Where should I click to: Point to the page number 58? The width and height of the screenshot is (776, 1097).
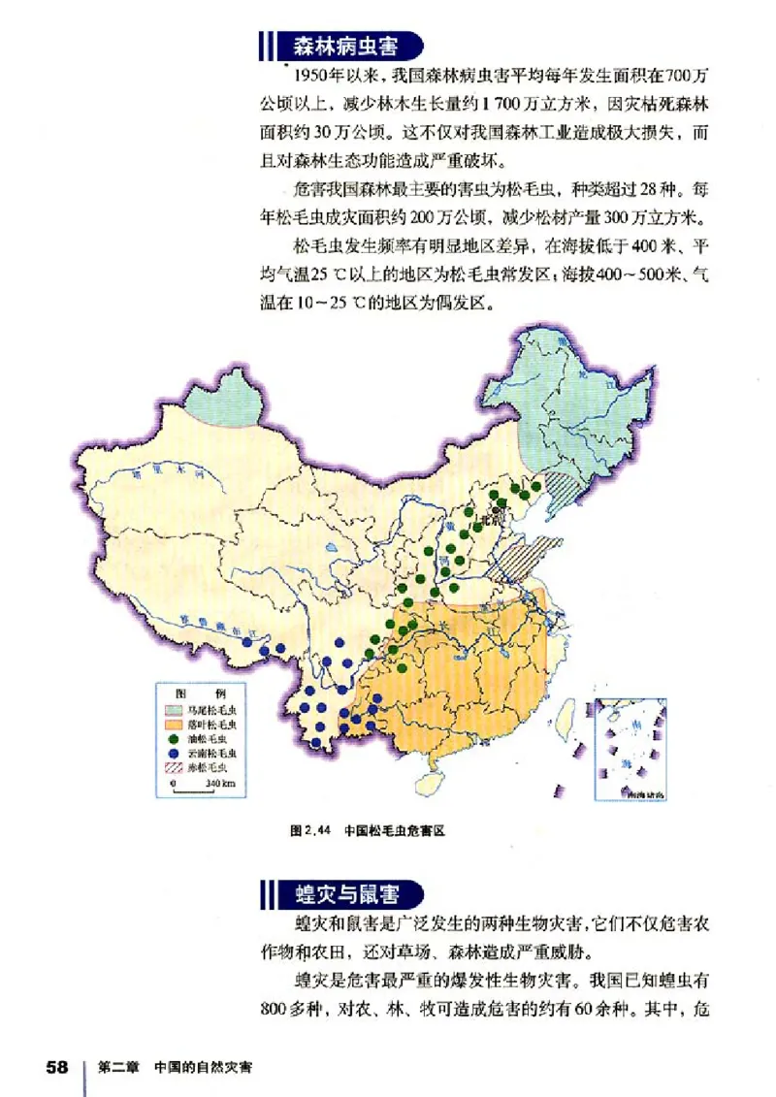pyautogui.click(x=56, y=1067)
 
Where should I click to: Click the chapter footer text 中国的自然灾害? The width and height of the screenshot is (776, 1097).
pyautogui.click(x=203, y=1067)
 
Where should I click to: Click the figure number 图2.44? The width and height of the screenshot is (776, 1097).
pyautogui.click(x=311, y=830)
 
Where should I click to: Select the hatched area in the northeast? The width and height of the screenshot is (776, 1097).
pyautogui.click(x=560, y=482)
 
